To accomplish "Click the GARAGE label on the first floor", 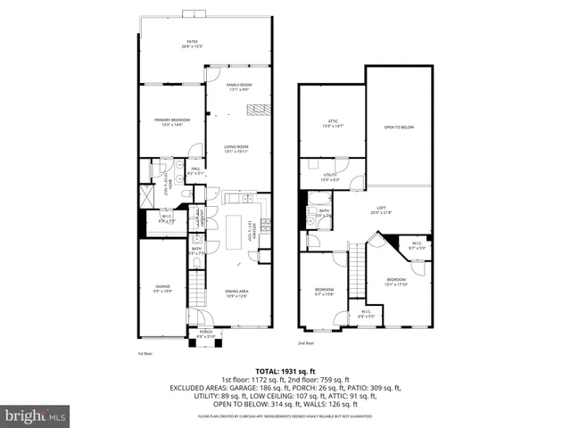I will [162, 288].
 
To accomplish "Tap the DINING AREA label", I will [236, 293].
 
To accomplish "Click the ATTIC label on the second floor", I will [331, 123].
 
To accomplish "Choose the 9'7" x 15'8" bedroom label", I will [323, 292].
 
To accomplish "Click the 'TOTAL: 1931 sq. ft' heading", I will [285, 371].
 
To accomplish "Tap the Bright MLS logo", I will [36, 416].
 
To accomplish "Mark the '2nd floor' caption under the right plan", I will [306, 343].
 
